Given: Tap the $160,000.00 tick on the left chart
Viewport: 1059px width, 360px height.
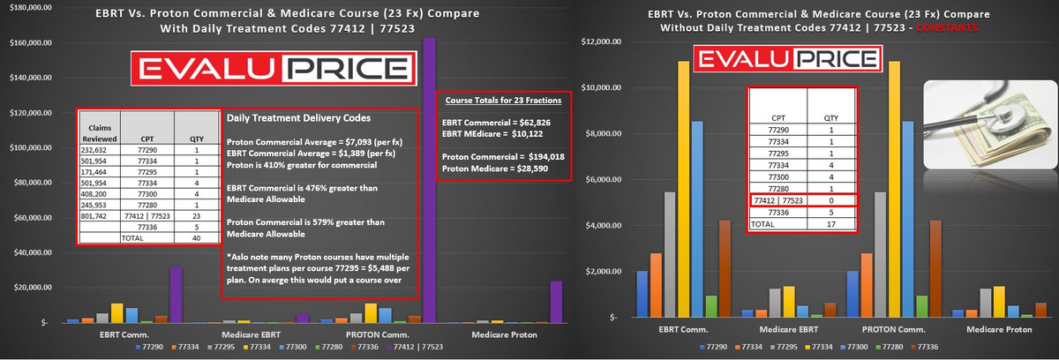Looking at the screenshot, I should [x=31, y=42].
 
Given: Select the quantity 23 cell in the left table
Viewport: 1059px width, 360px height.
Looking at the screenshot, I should [x=197, y=214].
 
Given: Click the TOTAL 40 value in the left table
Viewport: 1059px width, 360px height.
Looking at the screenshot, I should [x=197, y=237].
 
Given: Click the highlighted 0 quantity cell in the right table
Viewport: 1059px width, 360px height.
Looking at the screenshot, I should [x=830, y=200].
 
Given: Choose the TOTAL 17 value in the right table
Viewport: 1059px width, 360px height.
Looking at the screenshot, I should [x=830, y=224].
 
